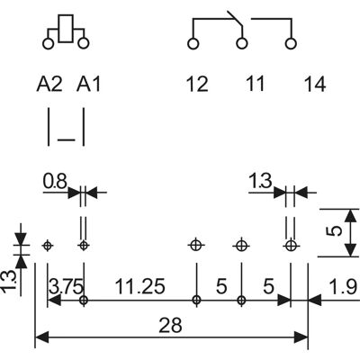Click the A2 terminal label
pos(49,84)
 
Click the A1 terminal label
pos(88,84)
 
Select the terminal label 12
pos(197,84)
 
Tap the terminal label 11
pos(255,84)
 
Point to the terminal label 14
pos(315,84)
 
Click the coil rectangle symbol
pos(66,29)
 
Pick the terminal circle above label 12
pos(193,43)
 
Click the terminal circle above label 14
pos(291,43)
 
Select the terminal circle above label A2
pos(48,43)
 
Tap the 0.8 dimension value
pos(55,181)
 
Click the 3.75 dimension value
pos(66,286)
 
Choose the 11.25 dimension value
pos(140,286)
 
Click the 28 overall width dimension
pos(170,325)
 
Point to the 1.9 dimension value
pos(343,286)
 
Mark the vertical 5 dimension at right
pos(336,231)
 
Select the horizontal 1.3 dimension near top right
pos(260,181)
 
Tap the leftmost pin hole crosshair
pos(47,246)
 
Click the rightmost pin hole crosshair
pos(290,246)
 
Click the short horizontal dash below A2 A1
pos(66,139)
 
